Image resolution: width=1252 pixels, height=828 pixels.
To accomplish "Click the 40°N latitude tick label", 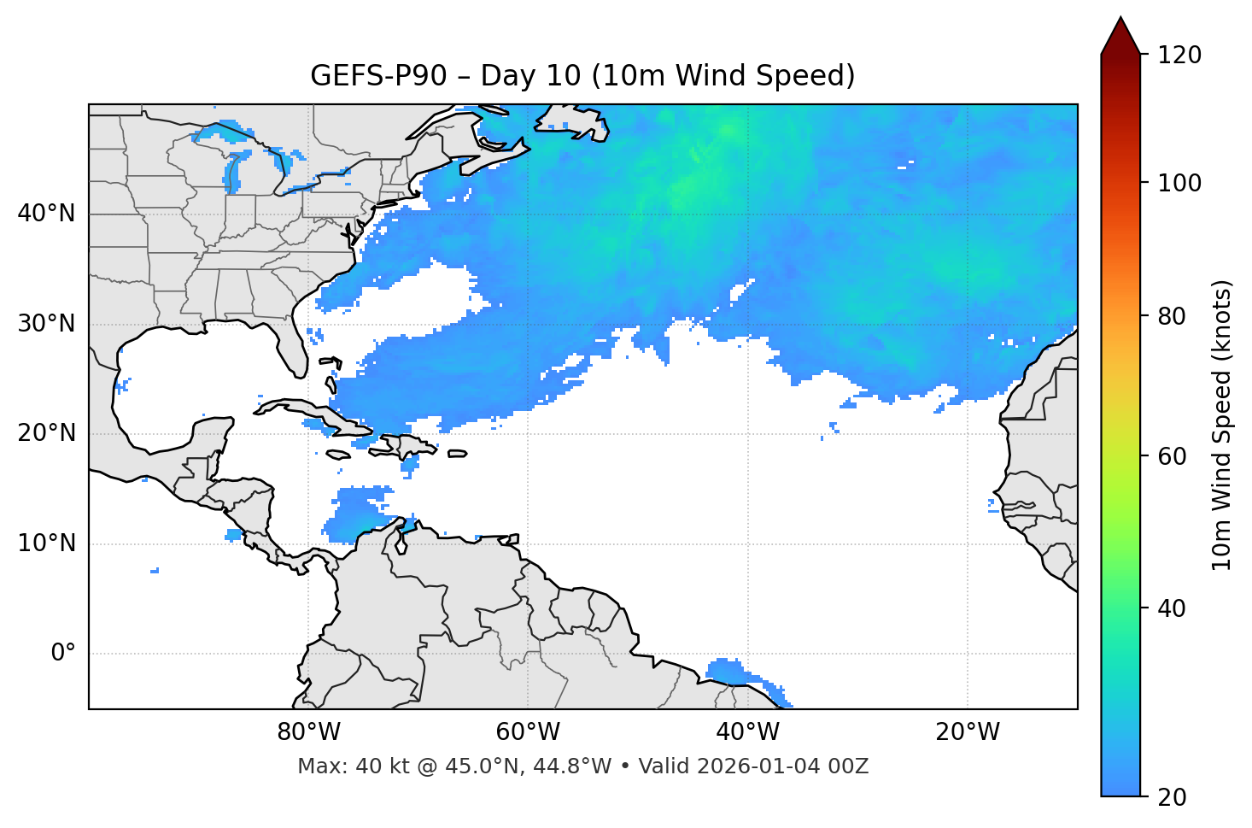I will tap(46, 214).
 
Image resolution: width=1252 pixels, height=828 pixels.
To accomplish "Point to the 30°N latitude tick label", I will tap(46, 324).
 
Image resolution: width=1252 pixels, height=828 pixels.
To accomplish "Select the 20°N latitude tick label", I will tap(46, 433).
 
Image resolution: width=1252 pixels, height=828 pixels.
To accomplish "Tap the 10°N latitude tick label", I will tap(46, 543).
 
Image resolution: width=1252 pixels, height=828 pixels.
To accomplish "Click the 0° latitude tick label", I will tap(63, 654).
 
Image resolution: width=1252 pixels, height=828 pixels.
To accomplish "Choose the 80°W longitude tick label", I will tap(308, 732).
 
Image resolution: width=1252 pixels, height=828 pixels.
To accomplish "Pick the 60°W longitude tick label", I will tap(528, 732).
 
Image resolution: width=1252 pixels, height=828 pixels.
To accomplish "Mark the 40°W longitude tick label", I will tap(748, 732).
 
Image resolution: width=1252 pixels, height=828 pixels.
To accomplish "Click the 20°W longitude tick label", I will tap(968, 732).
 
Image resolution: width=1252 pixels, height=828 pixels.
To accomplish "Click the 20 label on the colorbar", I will tap(1171, 797).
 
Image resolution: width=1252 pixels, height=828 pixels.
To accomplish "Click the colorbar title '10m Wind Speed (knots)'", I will tap(1222, 425).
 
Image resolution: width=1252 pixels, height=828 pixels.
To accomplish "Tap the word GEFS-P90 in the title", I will tap(378, 76).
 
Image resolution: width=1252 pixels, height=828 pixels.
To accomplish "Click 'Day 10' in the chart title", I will tap(530, 76).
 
